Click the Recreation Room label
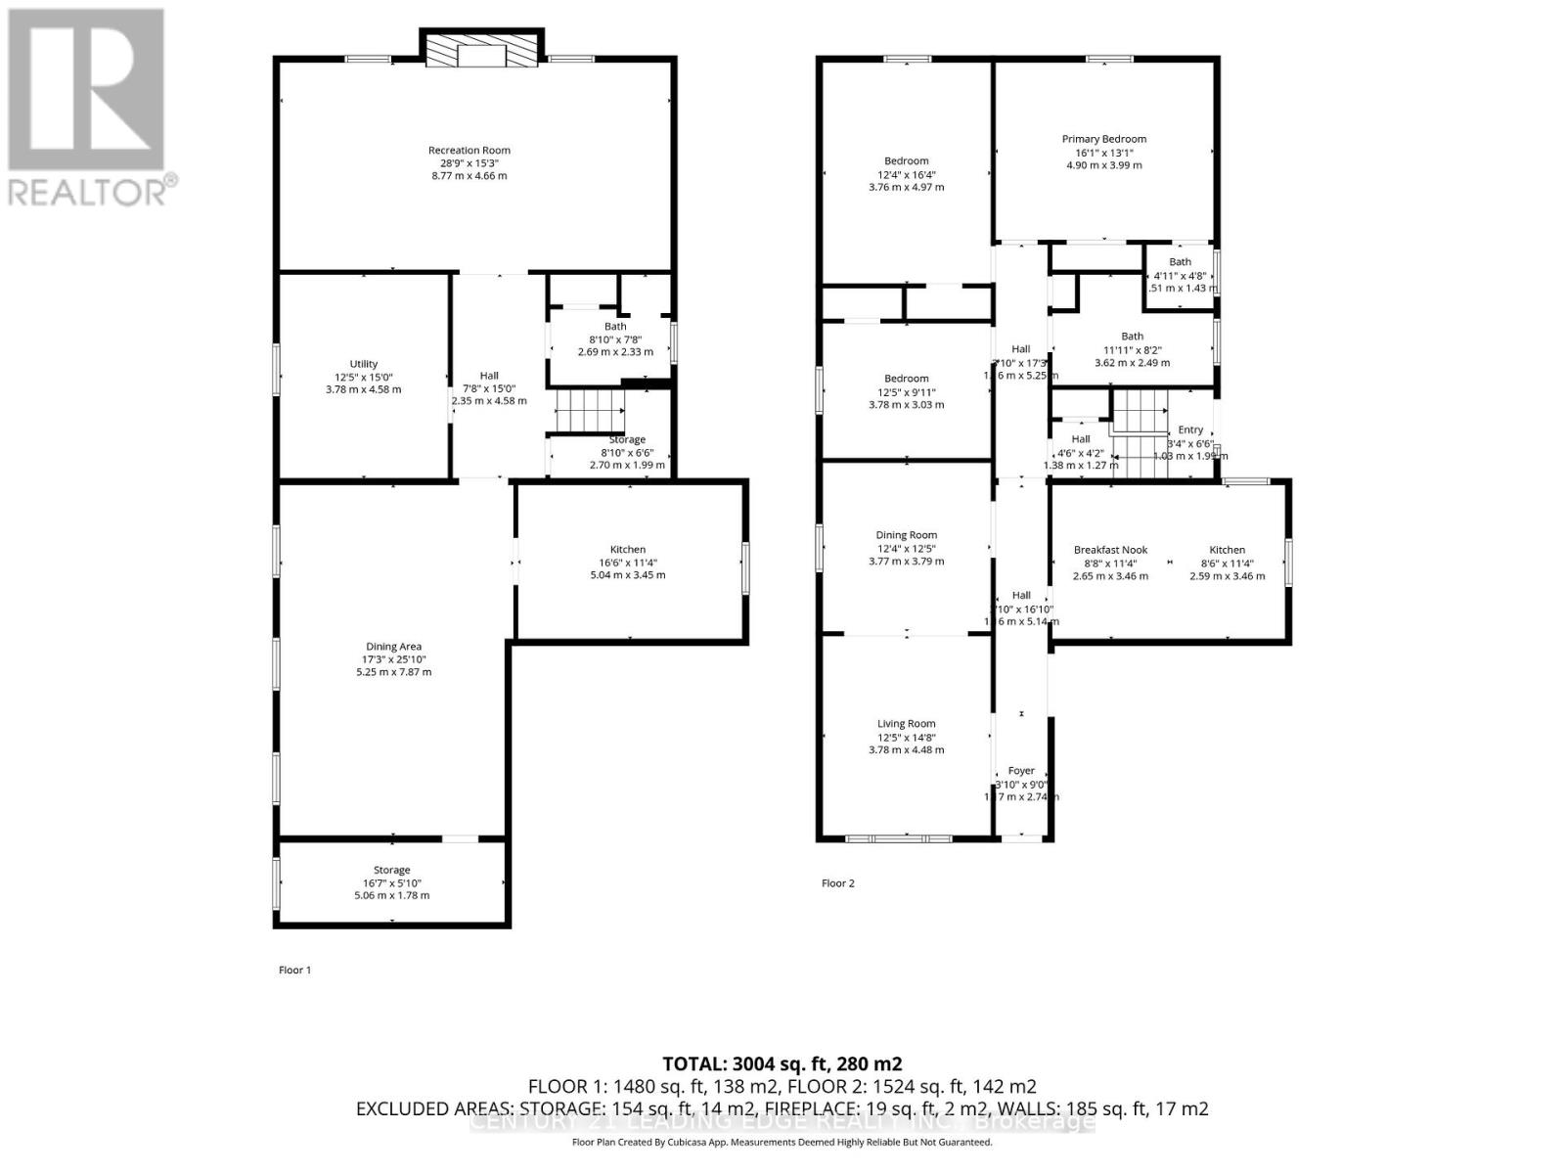point(469,151)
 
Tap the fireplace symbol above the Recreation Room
point(480,53)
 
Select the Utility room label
point(364,364)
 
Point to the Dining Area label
point(393,647)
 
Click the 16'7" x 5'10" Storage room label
point(391,870)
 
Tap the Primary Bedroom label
point(1103,139)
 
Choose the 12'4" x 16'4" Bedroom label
point(906,161)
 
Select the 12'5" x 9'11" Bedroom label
point(906,379)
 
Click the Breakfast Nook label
point(1110,550)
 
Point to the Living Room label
point(906,724)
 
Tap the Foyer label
point(1021,771)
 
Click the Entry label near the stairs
point(1190,429)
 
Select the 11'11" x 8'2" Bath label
point(1132,337)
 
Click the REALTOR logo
point(88,108)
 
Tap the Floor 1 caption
point(294,971)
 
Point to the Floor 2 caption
point(837,883)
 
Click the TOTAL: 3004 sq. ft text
point(782,1064)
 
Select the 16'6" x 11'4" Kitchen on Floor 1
point(628,550)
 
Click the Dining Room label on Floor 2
point(906,535)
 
